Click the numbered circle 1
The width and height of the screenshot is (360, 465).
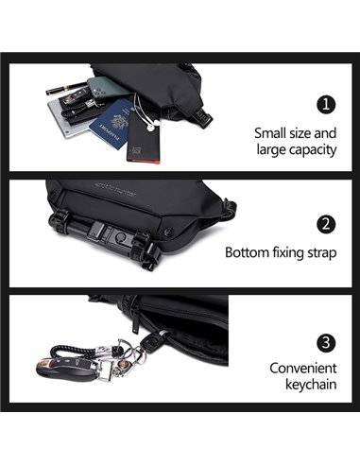[326, 105]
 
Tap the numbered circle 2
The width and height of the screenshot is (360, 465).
[326, 224]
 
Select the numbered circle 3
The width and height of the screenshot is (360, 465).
[326, 342]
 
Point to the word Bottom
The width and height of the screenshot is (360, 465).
[247, 252]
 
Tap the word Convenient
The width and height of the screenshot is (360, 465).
[303, 368]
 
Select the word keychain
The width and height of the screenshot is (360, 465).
[311, 385]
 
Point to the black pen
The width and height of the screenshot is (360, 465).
[66, 89]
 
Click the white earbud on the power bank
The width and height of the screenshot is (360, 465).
[150, 128]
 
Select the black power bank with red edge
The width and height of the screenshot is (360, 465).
[144, 138]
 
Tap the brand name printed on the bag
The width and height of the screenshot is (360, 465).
[115, 188]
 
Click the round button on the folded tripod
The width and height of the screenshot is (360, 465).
[121, 238]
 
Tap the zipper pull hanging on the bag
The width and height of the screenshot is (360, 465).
[136, 320]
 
